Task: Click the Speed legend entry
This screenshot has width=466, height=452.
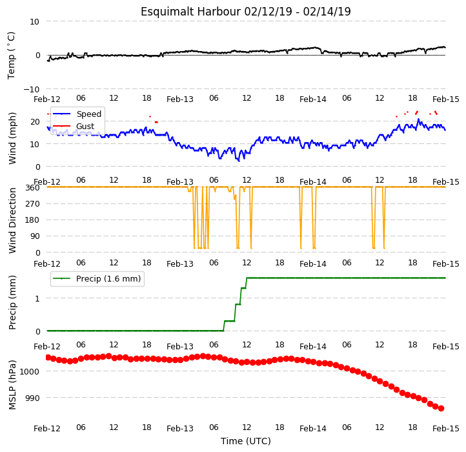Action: tap(77, 114)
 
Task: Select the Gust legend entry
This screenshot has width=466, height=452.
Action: tap(74, 126)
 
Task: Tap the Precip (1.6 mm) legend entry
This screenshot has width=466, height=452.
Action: tap(97, 279)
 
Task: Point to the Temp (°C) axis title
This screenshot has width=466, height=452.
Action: tap(11, 56)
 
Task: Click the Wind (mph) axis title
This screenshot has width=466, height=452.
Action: tap(12, 138)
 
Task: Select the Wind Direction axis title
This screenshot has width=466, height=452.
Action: tap(12, 220)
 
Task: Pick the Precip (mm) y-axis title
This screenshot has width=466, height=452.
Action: tap(12, 302)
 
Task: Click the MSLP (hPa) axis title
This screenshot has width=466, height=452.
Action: tap(12, 385)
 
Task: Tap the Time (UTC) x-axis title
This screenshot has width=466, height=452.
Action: tap(246, 440)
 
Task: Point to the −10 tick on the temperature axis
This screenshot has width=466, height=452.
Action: tap(32, 89)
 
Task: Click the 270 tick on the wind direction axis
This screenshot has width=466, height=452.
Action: tap(34, 204)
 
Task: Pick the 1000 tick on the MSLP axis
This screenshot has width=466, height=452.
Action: tap(30, 371)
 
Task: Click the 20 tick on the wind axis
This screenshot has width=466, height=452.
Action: tap(35, 121)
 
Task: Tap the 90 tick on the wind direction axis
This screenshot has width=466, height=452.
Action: tap(35, 236)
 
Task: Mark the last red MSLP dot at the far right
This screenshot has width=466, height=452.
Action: tap(441, 409)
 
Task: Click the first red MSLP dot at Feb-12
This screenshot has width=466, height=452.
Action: tap(48, 357)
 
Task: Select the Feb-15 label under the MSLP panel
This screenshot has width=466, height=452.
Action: tap(446, 429)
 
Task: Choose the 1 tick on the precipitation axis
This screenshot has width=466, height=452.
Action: tap(37, 298)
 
